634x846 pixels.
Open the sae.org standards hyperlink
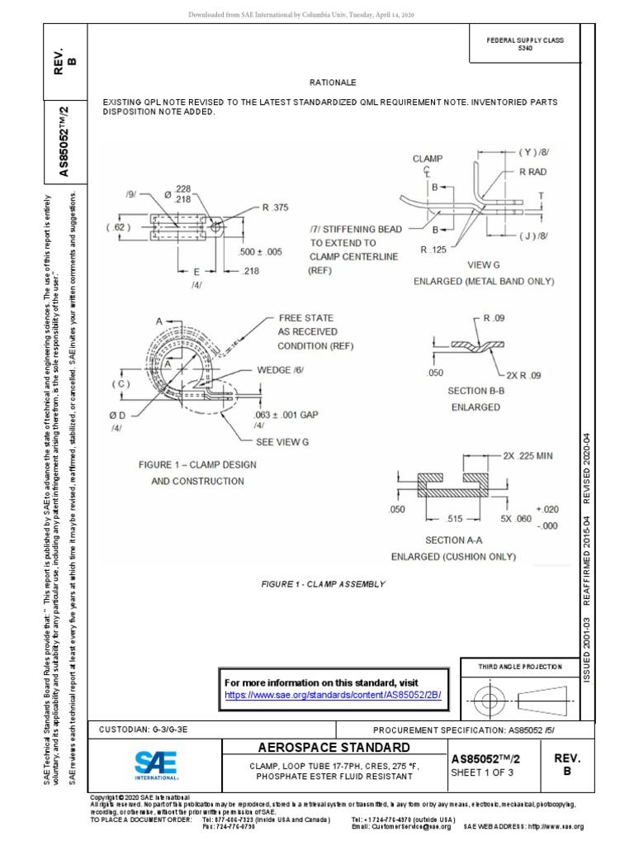[x=334, y=696]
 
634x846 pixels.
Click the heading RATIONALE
[x=332, y=83]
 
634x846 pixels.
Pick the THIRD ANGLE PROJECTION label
[x=521, y=667]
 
